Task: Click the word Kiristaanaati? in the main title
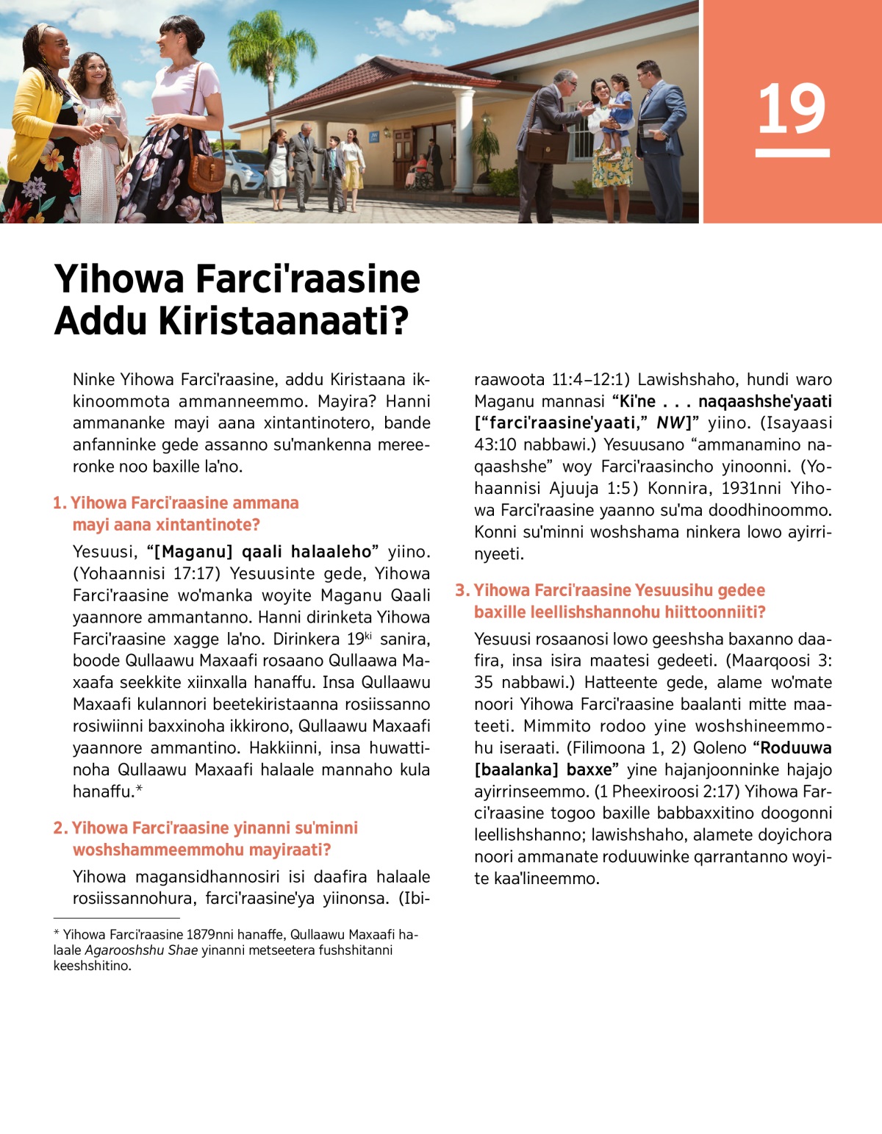point(284,320)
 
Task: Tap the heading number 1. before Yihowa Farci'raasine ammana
point(60,503)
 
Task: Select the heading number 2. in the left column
point(60,828)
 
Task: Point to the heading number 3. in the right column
point(462,591)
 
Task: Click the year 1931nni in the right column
point(750,489)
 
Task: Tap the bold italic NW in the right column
point(670,423)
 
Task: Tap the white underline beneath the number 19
point(792,153)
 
